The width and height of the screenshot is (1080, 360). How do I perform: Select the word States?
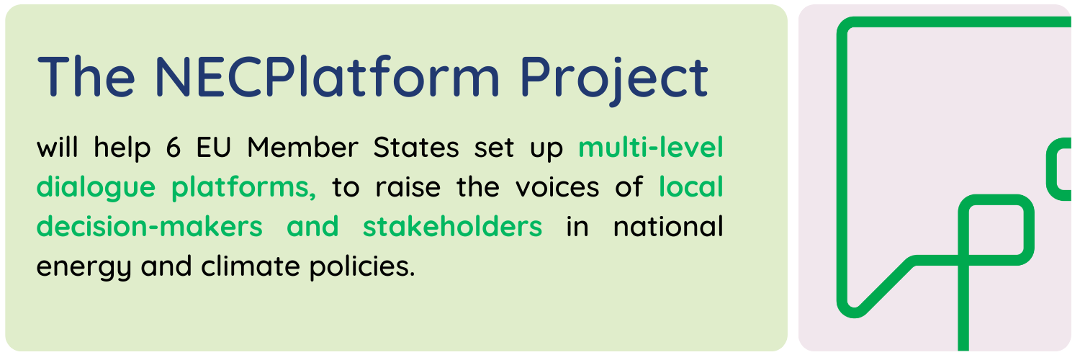point(416,148)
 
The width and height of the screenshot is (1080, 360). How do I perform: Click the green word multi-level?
point(650,148)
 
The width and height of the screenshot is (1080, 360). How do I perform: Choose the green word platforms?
point(243,187)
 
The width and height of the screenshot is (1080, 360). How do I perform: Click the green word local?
point(691,187)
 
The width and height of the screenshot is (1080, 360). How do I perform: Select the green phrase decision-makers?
point(150,227)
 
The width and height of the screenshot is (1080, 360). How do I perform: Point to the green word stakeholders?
point(452,227)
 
